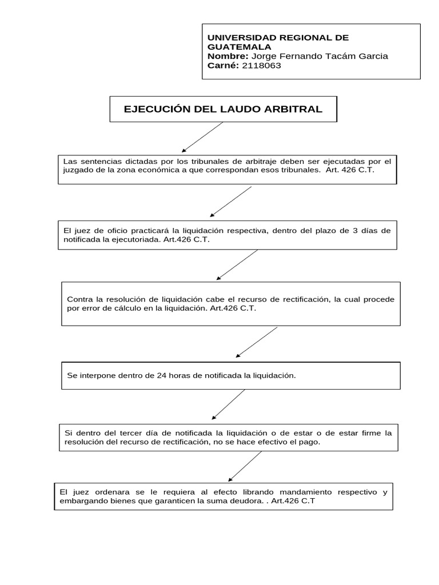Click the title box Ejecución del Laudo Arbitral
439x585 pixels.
click(x=223, y=109)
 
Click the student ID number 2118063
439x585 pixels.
click(x=262, y=65)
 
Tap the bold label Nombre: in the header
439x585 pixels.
click(x=228, y=56)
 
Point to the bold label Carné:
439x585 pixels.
click(x=224, y=65)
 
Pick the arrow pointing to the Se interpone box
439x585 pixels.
click(x=257, y=342)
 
